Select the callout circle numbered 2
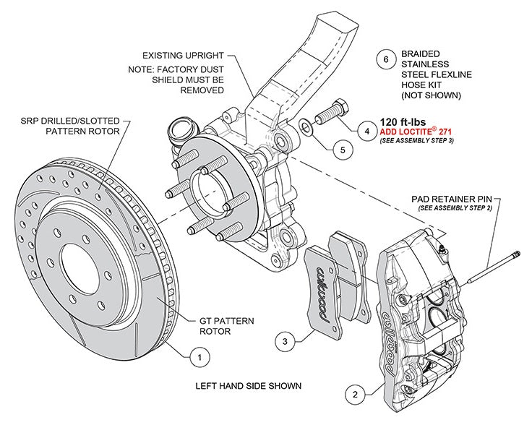354,395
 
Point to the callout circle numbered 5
343,150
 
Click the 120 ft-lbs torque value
408,122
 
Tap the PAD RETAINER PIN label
451,197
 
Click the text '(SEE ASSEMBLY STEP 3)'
417,142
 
